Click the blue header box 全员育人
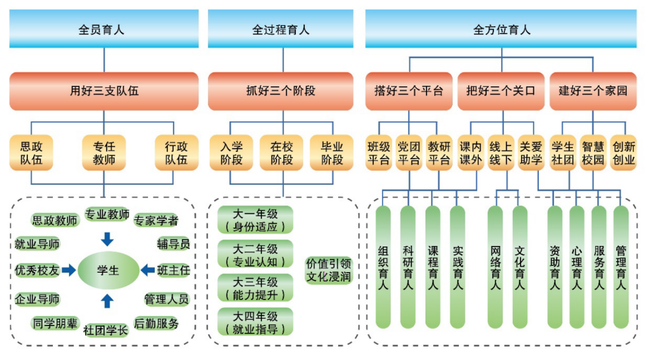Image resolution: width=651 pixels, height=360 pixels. coord(104,29)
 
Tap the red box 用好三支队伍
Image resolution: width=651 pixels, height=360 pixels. coord(104,91)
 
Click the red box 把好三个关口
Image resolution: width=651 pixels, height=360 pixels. coord(500,91)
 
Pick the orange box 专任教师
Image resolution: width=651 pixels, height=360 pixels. coord(104,153)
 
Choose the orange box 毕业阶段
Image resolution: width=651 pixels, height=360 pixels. coord(331,153)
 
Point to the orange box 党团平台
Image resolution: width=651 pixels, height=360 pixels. coord(409,153)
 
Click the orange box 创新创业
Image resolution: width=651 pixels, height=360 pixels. coord(623,153)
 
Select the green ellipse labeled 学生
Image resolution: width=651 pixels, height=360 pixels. coord(108,270)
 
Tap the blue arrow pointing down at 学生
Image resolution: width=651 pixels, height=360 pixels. coord(107,239)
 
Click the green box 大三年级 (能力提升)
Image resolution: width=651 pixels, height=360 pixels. coord(255,288)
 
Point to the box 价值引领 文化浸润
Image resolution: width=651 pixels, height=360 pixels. coord(329,270)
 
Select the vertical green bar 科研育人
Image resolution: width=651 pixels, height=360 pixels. coord(408,267)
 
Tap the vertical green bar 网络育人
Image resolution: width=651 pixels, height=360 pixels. coord(495,267)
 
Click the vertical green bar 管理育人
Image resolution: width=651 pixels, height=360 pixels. coord(621,267)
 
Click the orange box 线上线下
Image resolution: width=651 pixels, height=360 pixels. coord(500,153)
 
